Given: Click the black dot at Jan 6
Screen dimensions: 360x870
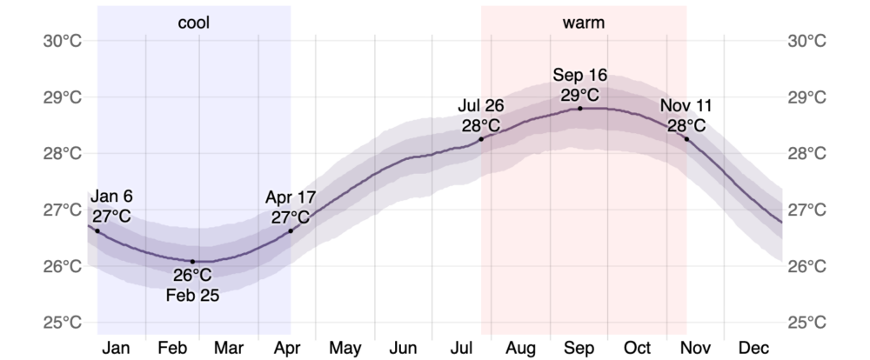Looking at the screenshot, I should click(97, 230).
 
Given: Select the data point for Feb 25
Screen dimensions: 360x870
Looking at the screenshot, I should click(193, 261).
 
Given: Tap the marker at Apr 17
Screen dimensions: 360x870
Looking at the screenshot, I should click(290, 230).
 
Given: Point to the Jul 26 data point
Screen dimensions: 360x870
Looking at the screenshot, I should click(481, 139).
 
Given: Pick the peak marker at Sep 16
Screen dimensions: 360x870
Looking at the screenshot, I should click(580, 108).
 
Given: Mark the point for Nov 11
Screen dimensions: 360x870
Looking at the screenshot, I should click(686, 139).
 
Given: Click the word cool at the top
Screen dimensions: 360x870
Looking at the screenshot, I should click(194, 23).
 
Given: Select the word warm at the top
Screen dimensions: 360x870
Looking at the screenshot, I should click(584, 23).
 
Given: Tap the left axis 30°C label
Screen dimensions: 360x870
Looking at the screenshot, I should click(64, 41).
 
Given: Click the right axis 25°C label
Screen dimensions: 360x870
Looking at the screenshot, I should click(806, 323).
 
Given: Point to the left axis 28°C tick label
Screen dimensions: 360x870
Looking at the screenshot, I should click(64, 154).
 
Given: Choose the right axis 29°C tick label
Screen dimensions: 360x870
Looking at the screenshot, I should click(806, 97).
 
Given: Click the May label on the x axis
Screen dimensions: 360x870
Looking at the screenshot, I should click(345, 348).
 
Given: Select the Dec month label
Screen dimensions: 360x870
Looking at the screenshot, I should click(753, 348).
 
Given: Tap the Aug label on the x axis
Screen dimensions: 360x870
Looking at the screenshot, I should click(520, 348).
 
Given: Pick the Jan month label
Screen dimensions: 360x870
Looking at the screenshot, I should click(117, 348).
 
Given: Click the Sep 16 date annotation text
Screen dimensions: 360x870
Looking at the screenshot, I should click(580, 75).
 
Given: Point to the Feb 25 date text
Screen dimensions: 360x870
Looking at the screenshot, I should click(193, 294).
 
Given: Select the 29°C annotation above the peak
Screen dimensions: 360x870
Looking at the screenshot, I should click(580, 94).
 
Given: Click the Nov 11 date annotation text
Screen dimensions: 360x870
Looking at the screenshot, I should click(686, 106).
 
